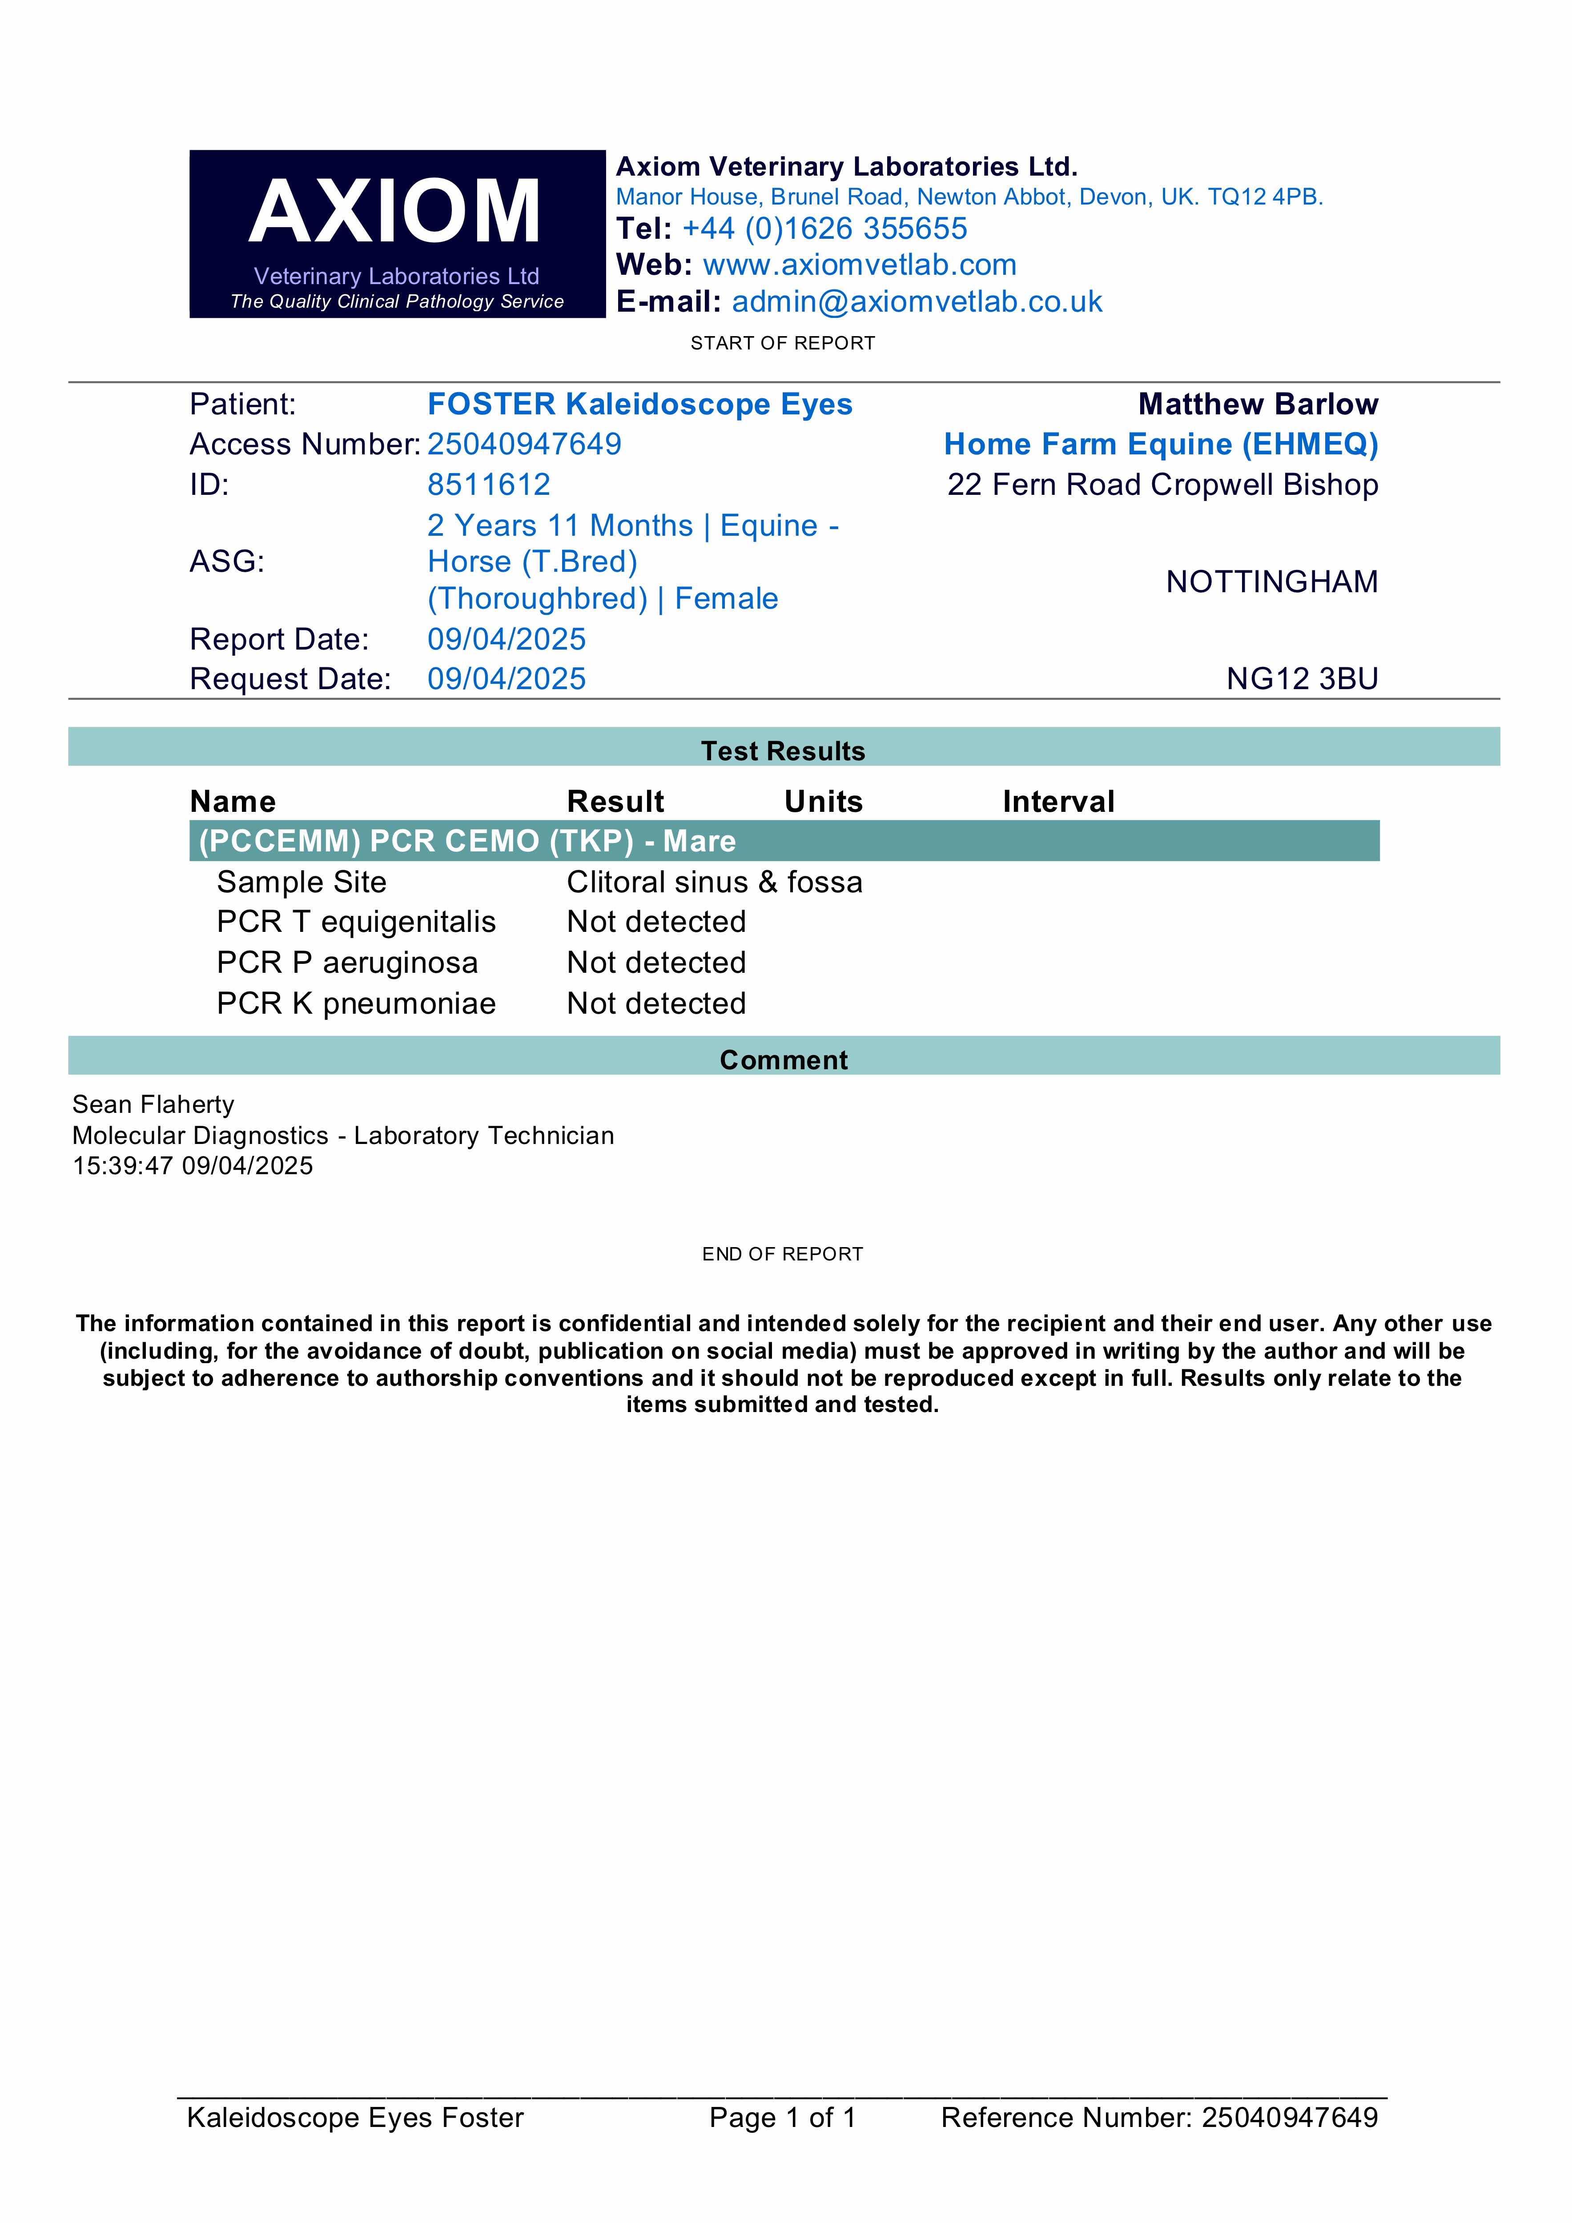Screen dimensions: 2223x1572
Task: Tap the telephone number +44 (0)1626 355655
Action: click(824, 229)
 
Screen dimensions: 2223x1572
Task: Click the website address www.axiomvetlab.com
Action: click(859, 265)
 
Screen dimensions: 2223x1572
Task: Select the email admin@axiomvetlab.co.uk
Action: click(916, 302)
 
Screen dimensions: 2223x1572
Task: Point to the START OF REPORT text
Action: click(783, 344)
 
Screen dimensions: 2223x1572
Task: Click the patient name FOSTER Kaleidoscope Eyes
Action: click(639, 405)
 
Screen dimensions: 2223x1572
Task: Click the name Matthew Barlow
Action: click(1257, 405)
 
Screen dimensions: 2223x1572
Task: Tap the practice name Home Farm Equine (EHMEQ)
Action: click(1160, 445)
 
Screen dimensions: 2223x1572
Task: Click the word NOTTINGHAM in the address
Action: click(1271, 582)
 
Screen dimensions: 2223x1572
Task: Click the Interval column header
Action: click(1057, 802)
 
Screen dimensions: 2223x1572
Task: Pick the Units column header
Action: click(823, 802)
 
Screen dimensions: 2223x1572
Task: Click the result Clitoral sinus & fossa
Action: click(714, 882)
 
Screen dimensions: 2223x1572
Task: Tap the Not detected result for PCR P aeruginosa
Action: click(656, 963)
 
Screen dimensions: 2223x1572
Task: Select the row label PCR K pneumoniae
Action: click(355, 1004)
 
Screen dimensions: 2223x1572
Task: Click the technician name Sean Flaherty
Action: click(153, 1105)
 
